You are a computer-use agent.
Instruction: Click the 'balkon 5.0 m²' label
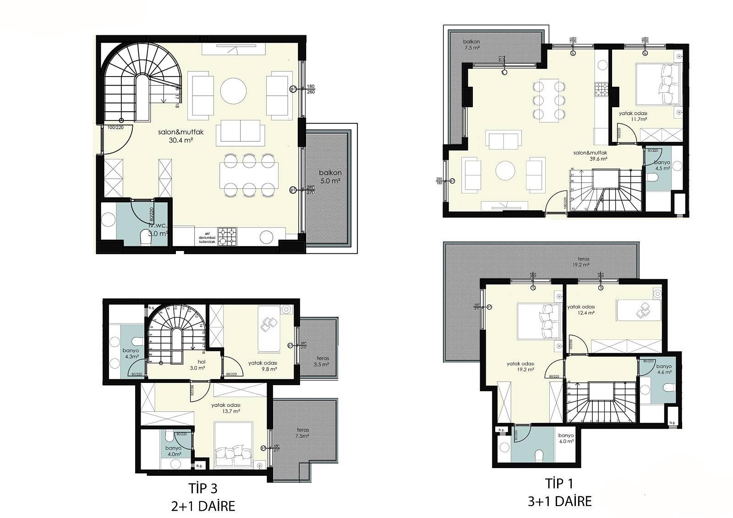(x=330, y=177)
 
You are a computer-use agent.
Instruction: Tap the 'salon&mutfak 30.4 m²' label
(x=181, y=136)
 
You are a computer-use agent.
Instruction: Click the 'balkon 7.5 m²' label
(x=471, y=44)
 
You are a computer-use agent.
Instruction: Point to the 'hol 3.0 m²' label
(x=197, y=364)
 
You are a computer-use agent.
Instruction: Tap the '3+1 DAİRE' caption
(x=559, y=501)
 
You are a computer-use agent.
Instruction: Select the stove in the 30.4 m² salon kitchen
(x=228, y=237)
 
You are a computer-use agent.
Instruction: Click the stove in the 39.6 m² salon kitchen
(x=601, y=89)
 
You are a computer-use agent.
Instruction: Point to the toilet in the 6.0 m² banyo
(x=539, y=455)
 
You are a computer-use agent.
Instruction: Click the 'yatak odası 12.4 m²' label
(x=581, y=310)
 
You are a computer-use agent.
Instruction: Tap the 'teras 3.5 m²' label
(x=323, y=361)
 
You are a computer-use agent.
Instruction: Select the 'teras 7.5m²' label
(x=302, y=433)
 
